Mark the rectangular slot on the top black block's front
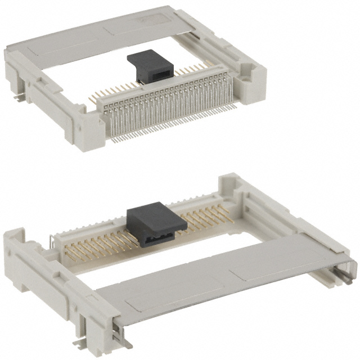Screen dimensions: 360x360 coord(160,75)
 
